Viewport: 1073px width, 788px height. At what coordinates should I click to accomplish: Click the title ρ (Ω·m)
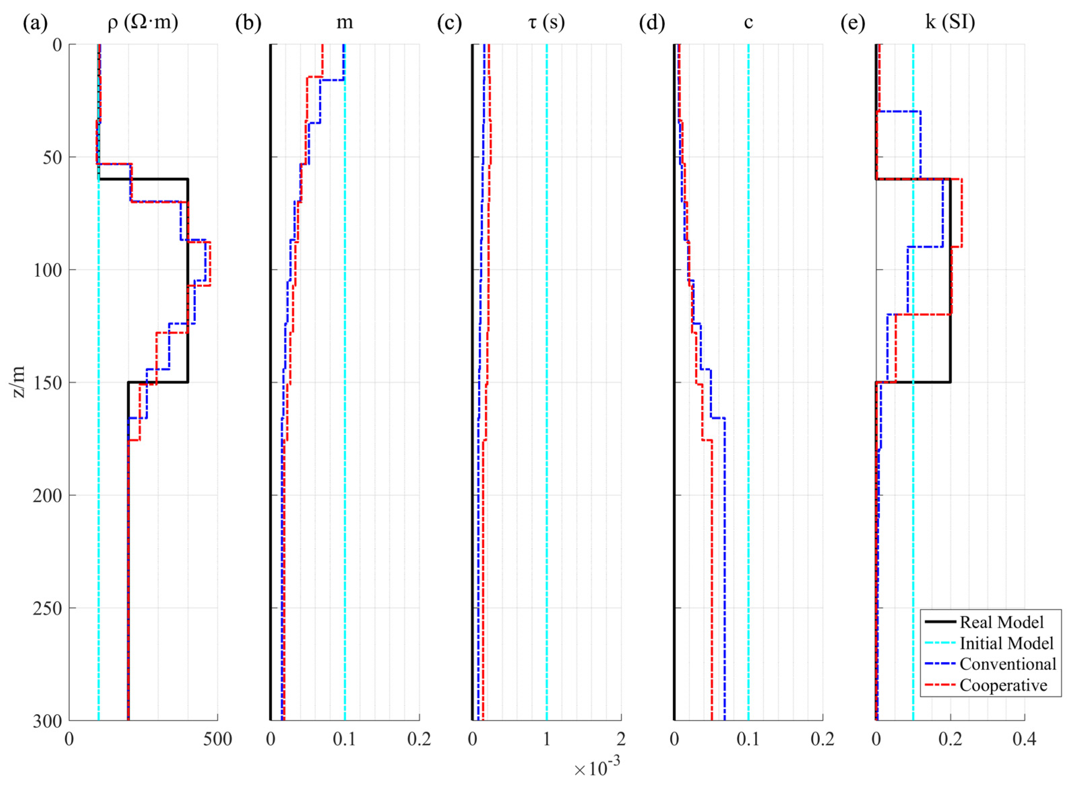tap(143, 23)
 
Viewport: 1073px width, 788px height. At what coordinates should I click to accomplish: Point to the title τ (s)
tap(546, 23)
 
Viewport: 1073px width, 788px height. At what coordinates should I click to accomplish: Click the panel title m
tap(345, 23)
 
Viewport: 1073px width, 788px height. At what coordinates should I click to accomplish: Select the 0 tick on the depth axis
tap(57, 45)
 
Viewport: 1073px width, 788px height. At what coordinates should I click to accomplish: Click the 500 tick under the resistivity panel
tap(217, 740)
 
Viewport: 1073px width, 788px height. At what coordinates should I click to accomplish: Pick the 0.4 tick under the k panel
tap(1024, 740)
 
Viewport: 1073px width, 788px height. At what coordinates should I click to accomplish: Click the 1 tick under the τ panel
tap(547, 740)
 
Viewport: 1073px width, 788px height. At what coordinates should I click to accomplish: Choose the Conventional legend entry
tap(1008, 664)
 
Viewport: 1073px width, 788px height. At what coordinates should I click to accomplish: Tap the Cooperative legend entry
tap(1003, 685)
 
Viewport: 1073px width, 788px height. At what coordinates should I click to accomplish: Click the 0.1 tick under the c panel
tap(748, 740)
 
